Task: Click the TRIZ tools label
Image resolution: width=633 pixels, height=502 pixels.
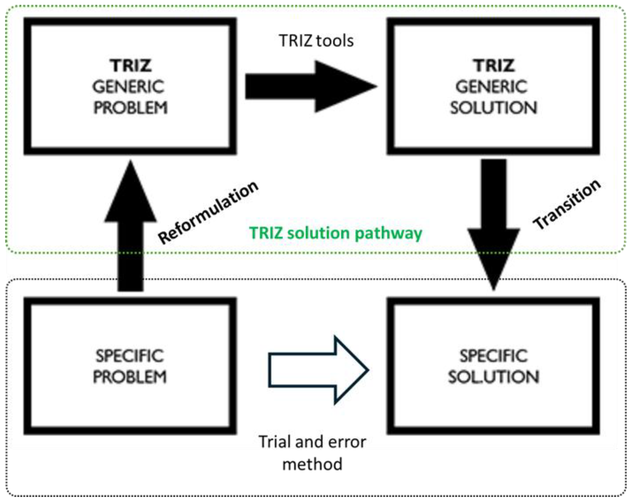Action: click(316, 41)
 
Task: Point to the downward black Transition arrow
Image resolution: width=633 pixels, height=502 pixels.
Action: click(494, 223)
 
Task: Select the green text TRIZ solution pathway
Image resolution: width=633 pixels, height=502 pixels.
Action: click(336, 233)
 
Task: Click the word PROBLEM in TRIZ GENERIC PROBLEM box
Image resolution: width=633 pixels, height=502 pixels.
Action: click(130, 107)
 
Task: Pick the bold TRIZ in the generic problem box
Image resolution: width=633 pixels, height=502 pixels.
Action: click(131, 65)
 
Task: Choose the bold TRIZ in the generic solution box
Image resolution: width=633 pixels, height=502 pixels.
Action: click(494, 65)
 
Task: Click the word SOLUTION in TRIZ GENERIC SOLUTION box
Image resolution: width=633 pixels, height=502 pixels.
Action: click(494, 107)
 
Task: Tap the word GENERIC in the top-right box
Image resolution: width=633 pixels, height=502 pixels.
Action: click(492, 87)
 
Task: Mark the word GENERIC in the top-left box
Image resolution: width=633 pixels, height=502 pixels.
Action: click(129, 87)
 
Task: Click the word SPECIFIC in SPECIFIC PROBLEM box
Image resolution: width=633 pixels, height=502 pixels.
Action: click(129, 356)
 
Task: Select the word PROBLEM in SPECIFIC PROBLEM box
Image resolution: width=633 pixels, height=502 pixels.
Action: click(129, 377)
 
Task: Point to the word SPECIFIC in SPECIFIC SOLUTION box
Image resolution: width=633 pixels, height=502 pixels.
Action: click(494, 356)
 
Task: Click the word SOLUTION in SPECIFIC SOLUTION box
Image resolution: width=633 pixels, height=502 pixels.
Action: click(494, 377)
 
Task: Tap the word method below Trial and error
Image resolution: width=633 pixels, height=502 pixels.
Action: click(312, 464)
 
